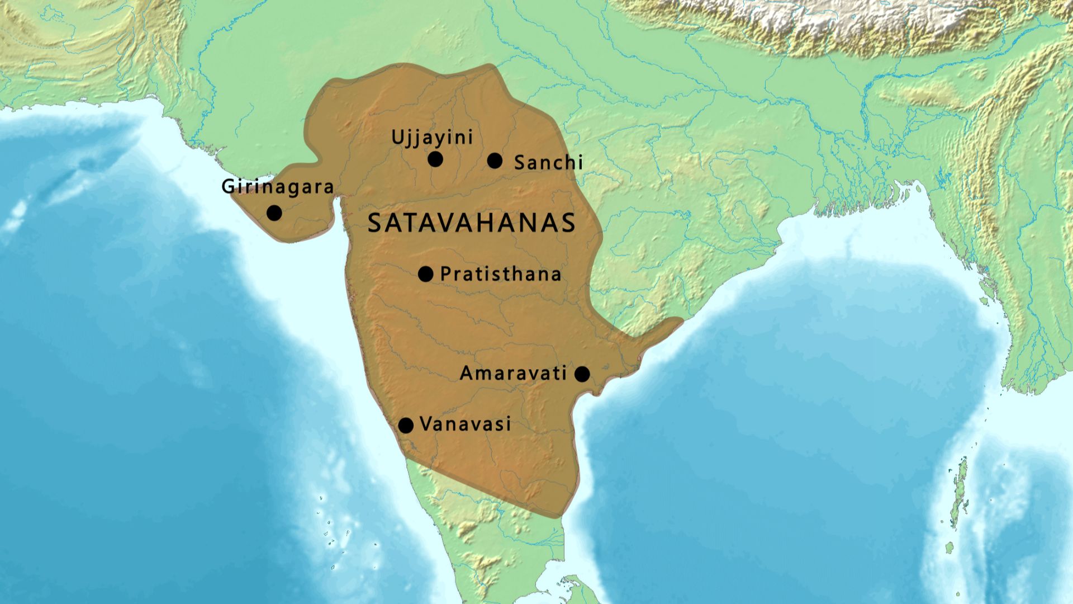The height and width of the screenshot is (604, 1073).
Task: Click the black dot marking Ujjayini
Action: coord(435,159)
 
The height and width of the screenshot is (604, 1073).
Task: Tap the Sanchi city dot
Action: coord(495,161)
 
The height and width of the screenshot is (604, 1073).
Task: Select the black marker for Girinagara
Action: coord(274,213)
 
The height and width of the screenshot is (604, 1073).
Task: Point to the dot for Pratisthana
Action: coord(426,273)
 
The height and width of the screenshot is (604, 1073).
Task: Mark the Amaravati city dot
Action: coord(582,374)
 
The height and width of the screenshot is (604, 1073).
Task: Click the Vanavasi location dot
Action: coord(406,426)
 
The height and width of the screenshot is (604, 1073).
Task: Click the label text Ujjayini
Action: coord(432,138)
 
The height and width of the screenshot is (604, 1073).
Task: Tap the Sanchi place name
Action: coord(548,163)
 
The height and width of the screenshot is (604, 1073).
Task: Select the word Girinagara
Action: coord(278,187)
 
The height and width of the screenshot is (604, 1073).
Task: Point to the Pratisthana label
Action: coord(501,274)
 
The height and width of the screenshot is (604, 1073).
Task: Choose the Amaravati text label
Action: coord(513,374)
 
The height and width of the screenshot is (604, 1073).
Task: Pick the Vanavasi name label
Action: coord(465,424)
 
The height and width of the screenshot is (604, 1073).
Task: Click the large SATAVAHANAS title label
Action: coord(472,223)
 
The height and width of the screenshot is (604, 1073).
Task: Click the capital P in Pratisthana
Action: coord(445,274)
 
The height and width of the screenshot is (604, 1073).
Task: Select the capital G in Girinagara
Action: coord(228,186)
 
